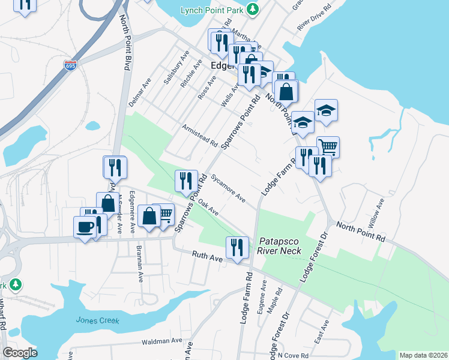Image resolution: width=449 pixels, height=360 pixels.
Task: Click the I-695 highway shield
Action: click(x=71, y=65)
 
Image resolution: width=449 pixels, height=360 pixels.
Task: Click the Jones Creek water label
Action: click(x=94, y=320)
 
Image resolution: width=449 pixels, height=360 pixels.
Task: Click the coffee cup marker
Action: click(x=84, y=227)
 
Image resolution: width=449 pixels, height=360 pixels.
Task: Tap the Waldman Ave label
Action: click(x=161, y=341)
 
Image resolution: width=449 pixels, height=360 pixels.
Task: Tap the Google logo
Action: click(x=20, y=353)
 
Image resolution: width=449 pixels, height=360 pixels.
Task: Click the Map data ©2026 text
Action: click(x=423, y=355)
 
